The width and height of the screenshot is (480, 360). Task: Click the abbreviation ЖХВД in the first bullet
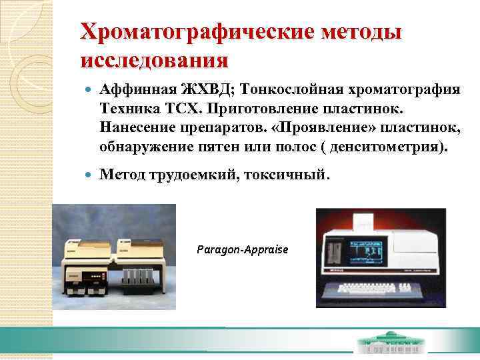coord(203,89)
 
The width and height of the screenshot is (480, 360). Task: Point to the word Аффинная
coord(137,89)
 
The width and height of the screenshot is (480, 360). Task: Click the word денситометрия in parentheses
coord(384,145)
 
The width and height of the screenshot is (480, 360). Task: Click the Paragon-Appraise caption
coord(243,249)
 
